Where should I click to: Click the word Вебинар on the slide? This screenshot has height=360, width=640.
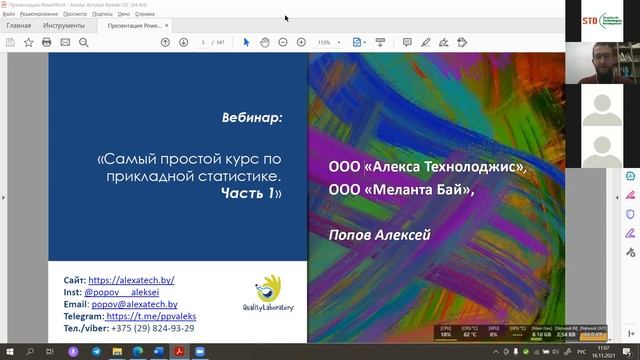coord(252,116)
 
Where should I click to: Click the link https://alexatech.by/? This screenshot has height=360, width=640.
coord(131,281)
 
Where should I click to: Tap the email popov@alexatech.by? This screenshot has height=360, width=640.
coord(133,305)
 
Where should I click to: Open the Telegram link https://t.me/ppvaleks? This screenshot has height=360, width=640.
coord(152,316)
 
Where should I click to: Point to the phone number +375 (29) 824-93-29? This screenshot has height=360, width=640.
coord(153,328)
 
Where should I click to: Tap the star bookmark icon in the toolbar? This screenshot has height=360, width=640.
coord(28,43)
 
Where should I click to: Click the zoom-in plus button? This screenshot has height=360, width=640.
coord(301,43)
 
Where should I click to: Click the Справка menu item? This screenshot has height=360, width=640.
coord(145,15)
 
